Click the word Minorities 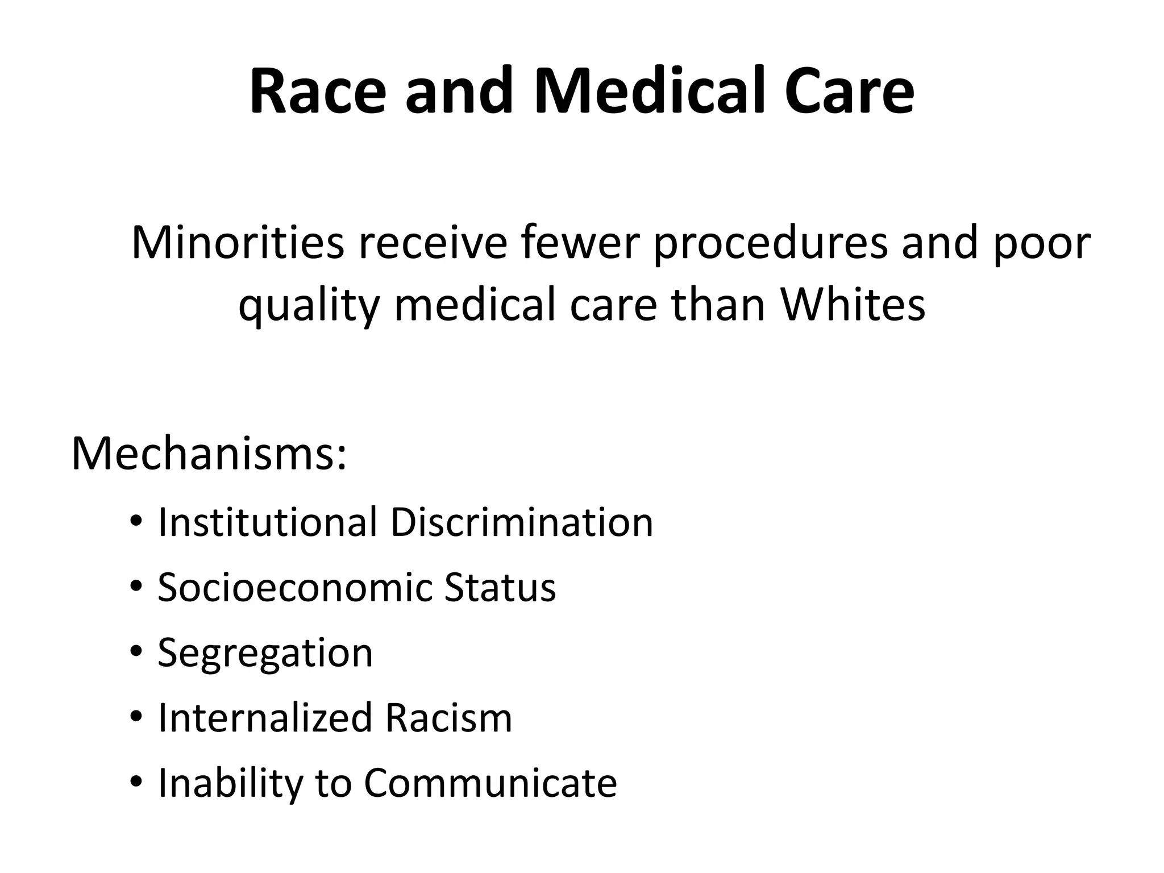(238, 243)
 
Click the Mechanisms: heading (209, 454)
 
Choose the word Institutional (268, 522)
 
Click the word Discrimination (521, 522)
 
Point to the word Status (500, 587)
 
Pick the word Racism (448, 718)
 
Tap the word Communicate (490, 783)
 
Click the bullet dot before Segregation (135, 652)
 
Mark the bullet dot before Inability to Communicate (135, 783)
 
